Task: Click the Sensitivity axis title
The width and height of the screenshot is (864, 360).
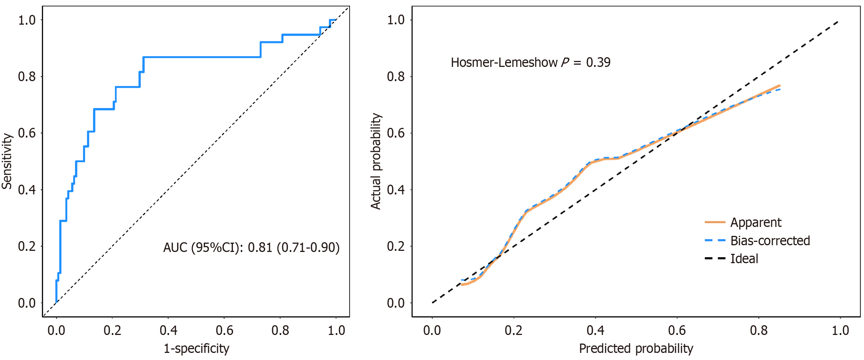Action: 7,161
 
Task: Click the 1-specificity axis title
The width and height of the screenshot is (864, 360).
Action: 196,348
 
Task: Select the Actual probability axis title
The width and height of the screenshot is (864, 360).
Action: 376,161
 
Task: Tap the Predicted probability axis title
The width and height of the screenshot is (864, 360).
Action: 636,348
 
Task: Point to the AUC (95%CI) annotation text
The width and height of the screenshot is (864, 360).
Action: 251,247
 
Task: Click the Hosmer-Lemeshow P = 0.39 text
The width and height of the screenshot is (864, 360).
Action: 530,62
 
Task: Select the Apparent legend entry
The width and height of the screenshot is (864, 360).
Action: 755,222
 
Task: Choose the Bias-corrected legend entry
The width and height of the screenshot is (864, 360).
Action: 770,241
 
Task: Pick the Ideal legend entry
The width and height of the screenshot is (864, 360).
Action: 744,259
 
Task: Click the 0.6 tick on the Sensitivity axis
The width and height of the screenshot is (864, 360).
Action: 27,133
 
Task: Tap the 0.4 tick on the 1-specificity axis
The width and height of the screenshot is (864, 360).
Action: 168,330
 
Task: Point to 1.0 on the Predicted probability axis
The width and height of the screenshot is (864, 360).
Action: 840,330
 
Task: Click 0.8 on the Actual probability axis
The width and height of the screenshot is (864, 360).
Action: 396,77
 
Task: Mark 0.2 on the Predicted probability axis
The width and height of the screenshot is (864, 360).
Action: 514,330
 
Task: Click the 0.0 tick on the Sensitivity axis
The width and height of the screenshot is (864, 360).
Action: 27,303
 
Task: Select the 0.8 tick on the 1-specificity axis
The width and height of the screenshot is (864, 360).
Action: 280,330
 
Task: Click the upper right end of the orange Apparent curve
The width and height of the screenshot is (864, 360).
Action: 780,86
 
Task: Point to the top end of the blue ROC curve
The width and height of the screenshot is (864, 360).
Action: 335,20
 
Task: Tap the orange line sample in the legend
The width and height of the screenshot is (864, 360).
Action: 714,222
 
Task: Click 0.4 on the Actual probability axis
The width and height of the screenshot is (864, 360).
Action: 396,190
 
